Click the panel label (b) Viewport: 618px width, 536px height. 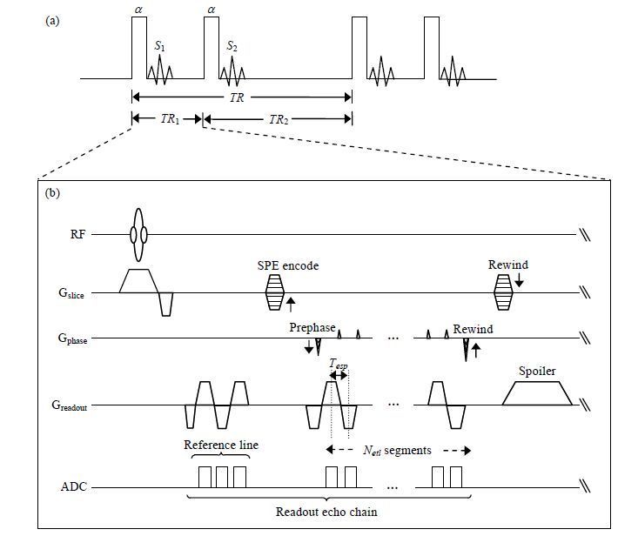[51, 191]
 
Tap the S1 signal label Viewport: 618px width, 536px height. [159, 46]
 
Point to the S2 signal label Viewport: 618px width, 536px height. [232, 46]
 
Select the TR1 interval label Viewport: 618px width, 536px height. [166, 120]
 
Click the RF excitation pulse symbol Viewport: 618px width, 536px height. [138, 234]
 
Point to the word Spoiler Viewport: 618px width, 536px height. [536, 371]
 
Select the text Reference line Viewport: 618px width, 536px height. [221, 445]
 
